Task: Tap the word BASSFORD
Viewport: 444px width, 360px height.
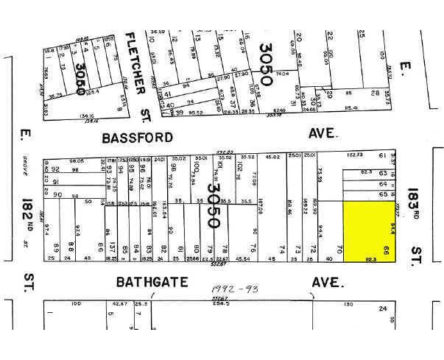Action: click(138, 138)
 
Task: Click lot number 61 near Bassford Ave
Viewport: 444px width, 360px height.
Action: click(382, 155)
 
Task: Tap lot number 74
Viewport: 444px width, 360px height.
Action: click(281, 248)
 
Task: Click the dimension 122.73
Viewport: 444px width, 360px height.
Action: click(356, 155)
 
